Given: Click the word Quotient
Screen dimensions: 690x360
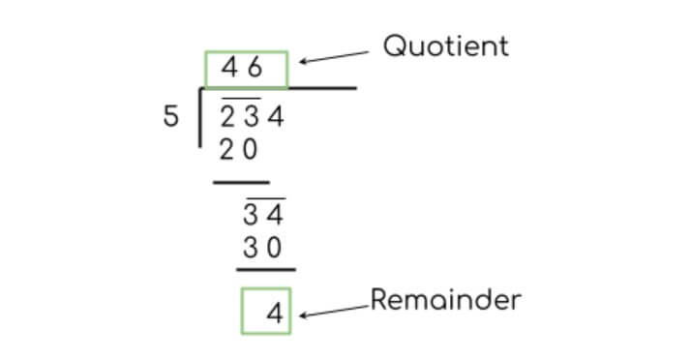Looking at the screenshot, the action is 445,45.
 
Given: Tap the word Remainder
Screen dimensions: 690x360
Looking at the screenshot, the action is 445,300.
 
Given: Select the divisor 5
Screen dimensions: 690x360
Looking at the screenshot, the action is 171,117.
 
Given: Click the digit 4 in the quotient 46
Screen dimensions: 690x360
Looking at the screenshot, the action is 229,69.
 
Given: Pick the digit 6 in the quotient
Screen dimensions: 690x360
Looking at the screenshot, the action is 255,69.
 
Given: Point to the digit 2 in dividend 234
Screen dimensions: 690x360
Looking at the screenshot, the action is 226,118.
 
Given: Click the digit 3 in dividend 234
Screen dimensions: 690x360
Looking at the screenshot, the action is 251,118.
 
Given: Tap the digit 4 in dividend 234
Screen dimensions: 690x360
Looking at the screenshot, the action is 276,118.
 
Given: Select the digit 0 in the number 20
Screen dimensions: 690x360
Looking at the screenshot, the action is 251,151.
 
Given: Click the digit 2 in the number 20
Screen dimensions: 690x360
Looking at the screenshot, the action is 226,151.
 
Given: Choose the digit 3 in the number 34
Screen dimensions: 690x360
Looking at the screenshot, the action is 251,215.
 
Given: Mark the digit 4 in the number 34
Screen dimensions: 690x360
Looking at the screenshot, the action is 276,215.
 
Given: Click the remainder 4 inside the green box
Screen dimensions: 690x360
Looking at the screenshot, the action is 275,315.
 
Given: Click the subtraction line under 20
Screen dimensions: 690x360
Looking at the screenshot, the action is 241,181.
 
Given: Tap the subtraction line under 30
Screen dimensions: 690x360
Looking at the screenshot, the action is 266,270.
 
